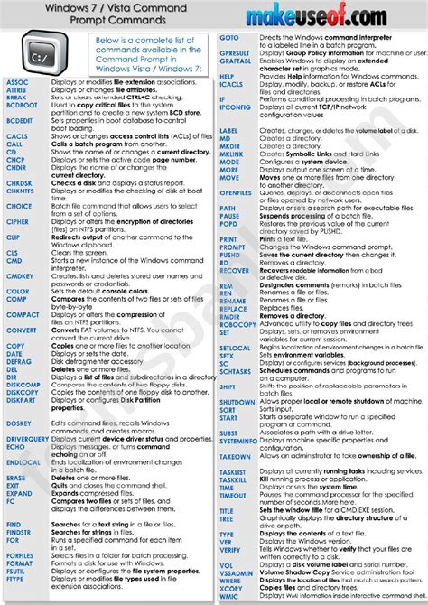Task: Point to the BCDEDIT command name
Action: click(x=19, y=120)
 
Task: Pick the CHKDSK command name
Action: click(x=18, y=182)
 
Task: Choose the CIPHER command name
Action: click(x=17, y=222)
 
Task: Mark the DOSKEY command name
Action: click(x=18, y=423)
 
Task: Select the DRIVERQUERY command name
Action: click(x=27, y=439)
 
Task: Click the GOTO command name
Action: click(x=229, y=38)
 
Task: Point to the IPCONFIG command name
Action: click(x=235, y=107)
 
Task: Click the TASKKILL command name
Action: click(x=235, y=479)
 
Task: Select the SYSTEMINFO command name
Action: click(x=239, y=441)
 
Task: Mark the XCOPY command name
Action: click(x=230, y=586)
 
